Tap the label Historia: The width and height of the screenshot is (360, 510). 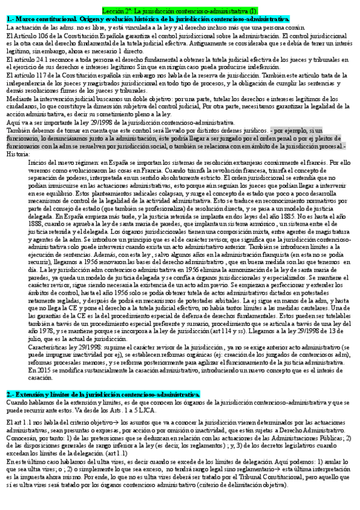(19, 153)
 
